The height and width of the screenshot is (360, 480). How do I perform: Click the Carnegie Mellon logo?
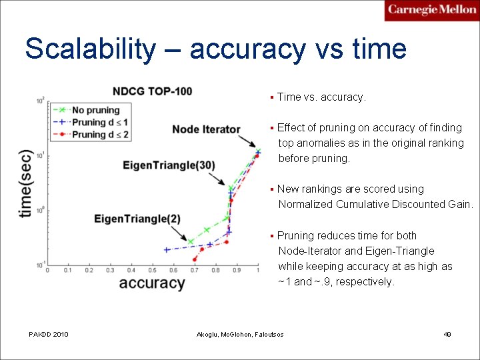431,10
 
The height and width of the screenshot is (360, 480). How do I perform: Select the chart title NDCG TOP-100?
152,91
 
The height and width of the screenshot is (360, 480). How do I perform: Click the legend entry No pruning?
95,110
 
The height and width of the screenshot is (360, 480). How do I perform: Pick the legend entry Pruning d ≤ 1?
100,122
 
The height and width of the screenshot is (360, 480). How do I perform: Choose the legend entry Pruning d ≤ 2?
100,134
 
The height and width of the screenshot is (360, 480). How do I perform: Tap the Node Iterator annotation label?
206,129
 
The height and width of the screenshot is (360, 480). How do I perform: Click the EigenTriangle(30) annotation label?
169,165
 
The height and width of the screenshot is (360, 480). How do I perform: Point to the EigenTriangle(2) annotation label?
137,219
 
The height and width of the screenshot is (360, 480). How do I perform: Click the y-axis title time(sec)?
25,183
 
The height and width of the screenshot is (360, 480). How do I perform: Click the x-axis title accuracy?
151,283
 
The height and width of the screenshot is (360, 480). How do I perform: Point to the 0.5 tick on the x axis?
152,270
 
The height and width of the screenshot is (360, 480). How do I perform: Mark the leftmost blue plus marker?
166,250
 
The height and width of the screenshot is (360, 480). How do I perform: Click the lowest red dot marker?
195,259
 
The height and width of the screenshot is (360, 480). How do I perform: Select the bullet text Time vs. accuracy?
321,97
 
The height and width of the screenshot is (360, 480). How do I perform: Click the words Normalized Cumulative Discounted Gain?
375,205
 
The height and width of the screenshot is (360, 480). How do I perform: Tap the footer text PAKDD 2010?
48,334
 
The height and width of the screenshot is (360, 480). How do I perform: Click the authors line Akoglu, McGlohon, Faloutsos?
239,334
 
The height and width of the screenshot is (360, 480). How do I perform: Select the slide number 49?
447,334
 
